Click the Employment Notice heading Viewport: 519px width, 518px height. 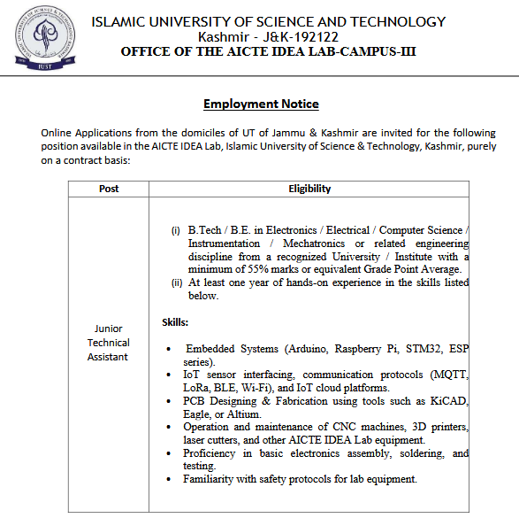click(x=261, y=104)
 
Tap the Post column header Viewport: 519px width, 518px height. click(x=109, y=189)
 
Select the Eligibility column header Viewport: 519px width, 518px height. click(x=309, y=189)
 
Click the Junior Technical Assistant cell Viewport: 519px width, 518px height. click(x=109, y=343)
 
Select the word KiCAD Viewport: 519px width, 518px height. click(x=448, y=401)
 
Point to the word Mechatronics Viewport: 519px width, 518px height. click(x=314, y=243)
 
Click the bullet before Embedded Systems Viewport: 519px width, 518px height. click(x=169, y=350)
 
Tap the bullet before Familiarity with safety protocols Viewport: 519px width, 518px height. click(x=169, y=480)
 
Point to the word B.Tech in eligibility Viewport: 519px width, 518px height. click(x=204, y=229)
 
